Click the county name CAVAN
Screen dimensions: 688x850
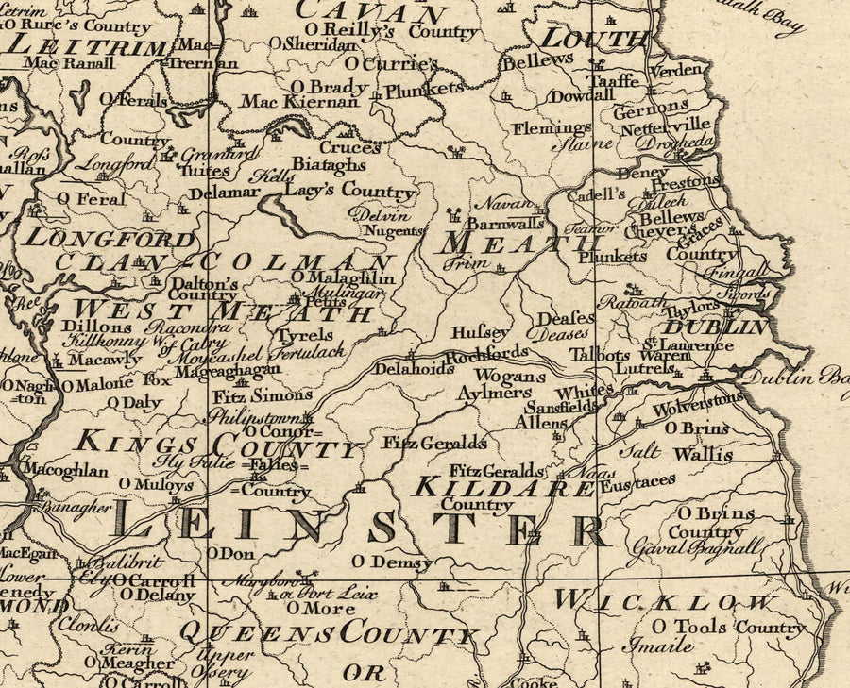click(x=372, y=13)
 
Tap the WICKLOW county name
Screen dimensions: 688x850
click(x=666, y=600)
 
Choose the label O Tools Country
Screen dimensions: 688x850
click(x=727, y=627)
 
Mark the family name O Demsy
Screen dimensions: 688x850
click(x=392, y=562)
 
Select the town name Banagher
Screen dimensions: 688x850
click(x=64, y=507)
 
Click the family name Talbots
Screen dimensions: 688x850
click(x=600, y=355)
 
